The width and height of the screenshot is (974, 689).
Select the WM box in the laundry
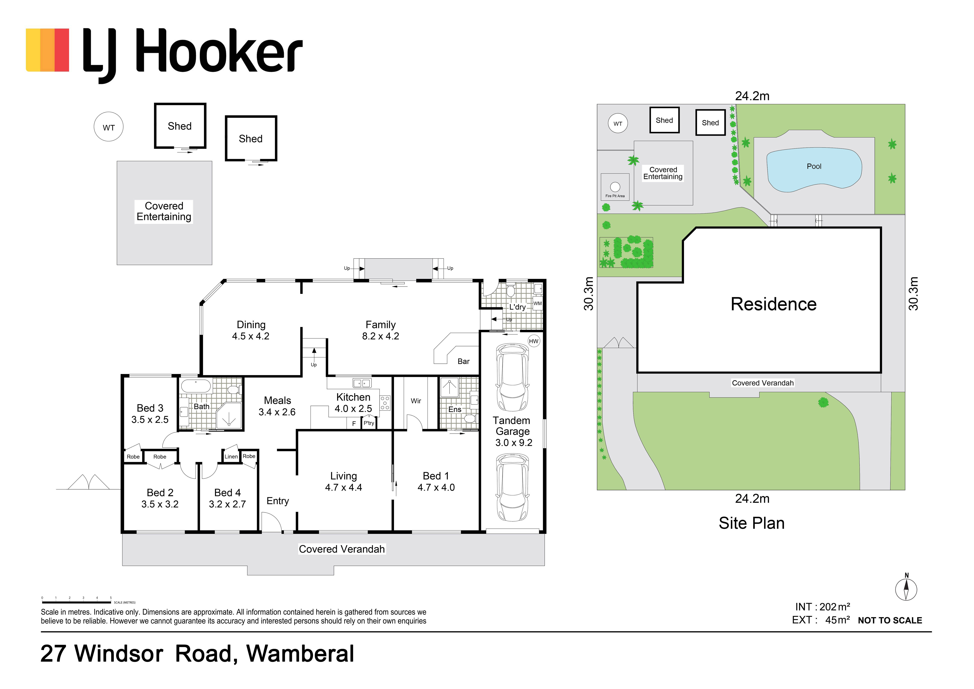[x=538, y=303]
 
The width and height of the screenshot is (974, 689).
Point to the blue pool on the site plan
[x=814, y=169]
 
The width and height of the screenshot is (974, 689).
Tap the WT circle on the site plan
[x=618, y=123]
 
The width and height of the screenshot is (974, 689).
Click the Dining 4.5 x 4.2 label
[x=251, y=330]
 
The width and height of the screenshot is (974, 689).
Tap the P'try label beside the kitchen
[x=369, y=423]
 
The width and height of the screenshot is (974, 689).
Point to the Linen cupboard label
[x=231, y=457]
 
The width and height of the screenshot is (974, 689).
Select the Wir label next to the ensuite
[x=416, y=401]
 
